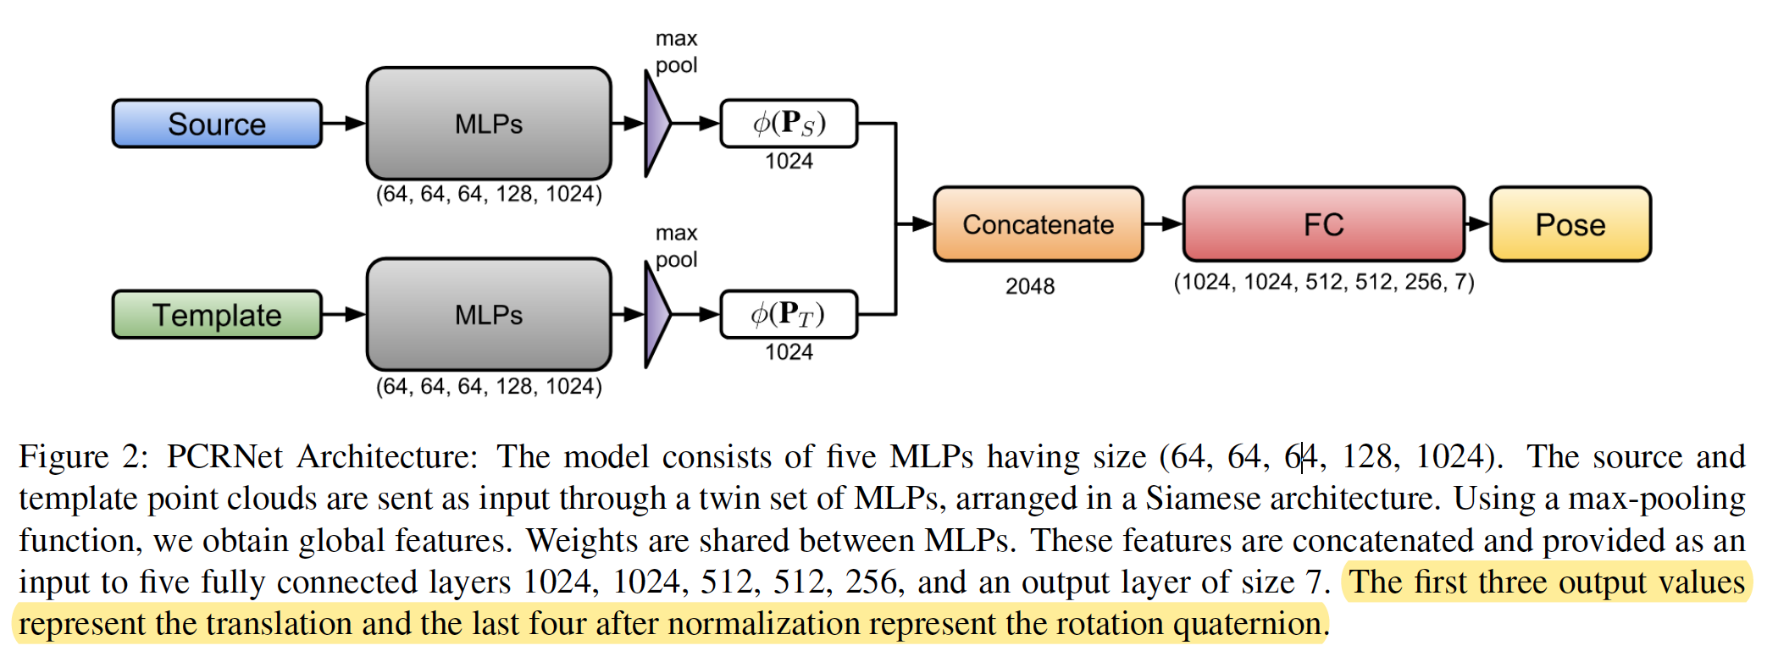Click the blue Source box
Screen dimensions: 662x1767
click(217, 124)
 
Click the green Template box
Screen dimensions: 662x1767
click(217, 315)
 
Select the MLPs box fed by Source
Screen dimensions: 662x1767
click(489, 124)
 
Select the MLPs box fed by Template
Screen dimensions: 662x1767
click(489, 315)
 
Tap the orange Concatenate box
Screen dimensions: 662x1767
click(1038, 224)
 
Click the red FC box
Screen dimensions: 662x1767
click(1323, 224)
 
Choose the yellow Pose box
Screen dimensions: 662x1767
click(1570, 224)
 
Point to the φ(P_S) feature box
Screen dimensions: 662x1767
click(789, 124)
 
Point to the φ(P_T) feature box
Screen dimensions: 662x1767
click(789, 315)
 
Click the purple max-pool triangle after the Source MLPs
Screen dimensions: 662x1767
click(656, 124)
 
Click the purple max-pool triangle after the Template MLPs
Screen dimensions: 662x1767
click(656, 315)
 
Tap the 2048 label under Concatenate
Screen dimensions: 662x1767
click(1030, 286)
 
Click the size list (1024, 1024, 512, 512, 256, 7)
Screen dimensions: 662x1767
click(1323, 282)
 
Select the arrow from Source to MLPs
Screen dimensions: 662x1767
click(344, 124)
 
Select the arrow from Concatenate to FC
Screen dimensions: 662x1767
click(1163, 224)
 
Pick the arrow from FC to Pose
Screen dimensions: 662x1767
click(1477, 224)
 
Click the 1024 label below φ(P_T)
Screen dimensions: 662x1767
click(789, 352)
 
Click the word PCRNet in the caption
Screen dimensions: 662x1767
click(224, 457)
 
